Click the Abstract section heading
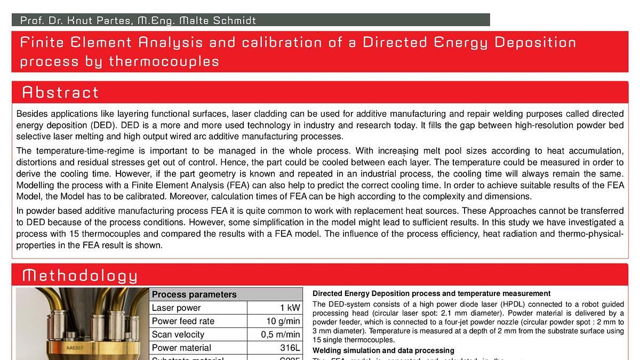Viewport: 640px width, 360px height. pyautogui.click(x=60, y=93)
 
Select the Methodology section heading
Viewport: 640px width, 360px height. pyautogui.click(x=79, y=276)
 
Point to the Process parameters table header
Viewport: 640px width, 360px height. pyautogui.click(x=194, y=294)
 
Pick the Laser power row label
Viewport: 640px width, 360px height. pyautogui.click(x=176, y=308)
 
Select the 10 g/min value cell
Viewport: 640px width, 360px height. pyautogui.click(x=283, y=321)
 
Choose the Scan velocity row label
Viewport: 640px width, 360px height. pyautogui.click(x=178, y=334)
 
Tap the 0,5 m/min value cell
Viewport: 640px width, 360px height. pyautogui.click(x=281, y=334)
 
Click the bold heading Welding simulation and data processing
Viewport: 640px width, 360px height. pyautogui.click(x=383, y=350)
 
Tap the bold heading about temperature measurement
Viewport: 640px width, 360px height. pyautogui.click(x=431, y=293)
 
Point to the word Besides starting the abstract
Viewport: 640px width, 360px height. pyautogui.click(x=31, y=114)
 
